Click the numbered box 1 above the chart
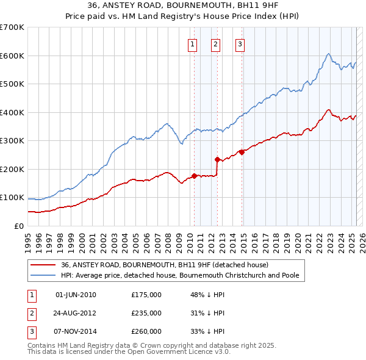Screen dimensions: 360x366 pyautogui.click(x=193, y=43)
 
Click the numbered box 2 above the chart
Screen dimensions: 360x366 pyautogui.click(x=216, y=43)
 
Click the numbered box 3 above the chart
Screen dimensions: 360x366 pyautogui.click(x=240, y=43)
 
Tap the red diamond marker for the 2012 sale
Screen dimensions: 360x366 pyautogui.click(x=218, y=159)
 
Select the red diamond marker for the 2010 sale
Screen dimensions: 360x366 pyautogui.click(x=194, y=176)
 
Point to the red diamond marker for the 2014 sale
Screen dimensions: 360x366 pyautogui.click(x=242, y=152)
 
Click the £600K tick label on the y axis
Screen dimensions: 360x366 pyautogui.click(x=12, y=56)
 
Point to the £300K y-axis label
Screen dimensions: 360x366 pyautogui.click(x=12, y=140)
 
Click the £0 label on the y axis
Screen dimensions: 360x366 pyautogui.click(x=19, y=226)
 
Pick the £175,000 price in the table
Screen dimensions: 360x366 pyautogui.click(x=146, y=295)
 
